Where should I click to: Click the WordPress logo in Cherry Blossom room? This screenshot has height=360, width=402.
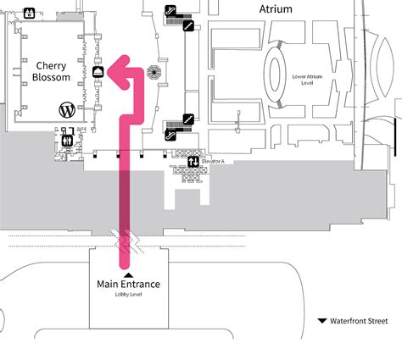pos(67,109)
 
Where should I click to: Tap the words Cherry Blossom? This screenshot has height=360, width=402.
pos(51,71)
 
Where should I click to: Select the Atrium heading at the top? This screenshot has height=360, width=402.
pos(275,9)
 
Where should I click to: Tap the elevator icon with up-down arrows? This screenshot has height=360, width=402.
pos(194,162)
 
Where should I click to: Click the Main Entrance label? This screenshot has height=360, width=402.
pos(128,285)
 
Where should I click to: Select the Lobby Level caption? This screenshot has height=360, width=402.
pos(128,296)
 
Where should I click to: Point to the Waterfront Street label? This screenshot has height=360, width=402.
pos(360,321)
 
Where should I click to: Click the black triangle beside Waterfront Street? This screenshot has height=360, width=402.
pos(322,321)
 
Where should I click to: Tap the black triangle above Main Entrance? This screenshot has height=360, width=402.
pos(128,274)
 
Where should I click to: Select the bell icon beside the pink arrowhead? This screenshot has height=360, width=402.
pos(98,72)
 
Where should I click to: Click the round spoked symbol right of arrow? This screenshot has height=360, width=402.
pos(154,72)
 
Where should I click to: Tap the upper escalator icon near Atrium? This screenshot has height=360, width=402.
pos(172,10)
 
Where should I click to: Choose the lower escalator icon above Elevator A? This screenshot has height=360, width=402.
pos(173,134)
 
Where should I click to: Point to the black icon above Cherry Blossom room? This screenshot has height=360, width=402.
pos(30,13)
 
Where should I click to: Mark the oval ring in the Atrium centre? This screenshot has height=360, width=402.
pos(286,74)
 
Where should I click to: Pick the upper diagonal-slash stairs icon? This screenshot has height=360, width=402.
pos(188,25)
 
